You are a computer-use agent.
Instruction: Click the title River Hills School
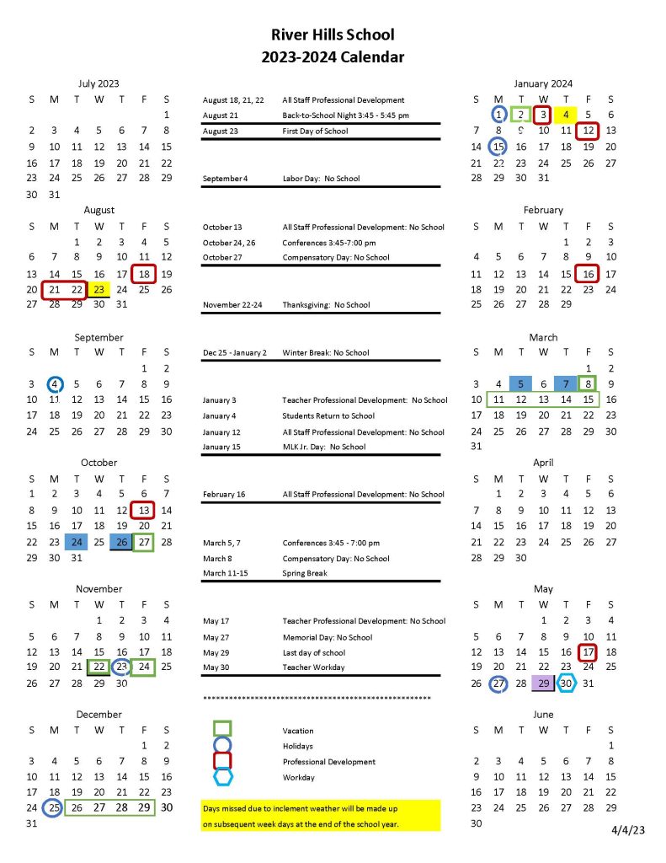(x=333, y=35)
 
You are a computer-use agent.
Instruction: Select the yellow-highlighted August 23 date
(x=99, y=289)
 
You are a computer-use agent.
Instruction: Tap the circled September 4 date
(x=55, y=384)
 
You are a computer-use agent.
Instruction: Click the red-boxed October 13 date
(x=144, y=510)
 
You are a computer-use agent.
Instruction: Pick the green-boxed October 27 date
(x=144, y=542)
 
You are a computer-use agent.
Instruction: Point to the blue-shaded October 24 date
(x=77, y=542)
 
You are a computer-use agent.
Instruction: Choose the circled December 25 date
(x=55, y=808)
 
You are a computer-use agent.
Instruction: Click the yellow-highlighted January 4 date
(x=566, y=115)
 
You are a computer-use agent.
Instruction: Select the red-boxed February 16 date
(x=589, y=274)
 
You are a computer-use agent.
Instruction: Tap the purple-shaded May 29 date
(x=543, y=683)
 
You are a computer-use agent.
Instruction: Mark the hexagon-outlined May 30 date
(x=566, y=683)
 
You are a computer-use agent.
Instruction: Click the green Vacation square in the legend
(x=222, y=729)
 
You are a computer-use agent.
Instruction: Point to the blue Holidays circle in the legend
(x=222, y=746)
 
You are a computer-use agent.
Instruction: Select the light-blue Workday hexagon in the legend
(x=222, y=777)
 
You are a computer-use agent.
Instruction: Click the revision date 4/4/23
(x=627, y=830)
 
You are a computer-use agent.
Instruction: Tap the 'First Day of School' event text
(x=314, y=131)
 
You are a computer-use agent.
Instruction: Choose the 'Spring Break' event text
(x=305, y=573)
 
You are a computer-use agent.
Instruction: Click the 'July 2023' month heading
(x=99, y=83)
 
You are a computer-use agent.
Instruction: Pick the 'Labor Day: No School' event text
(x=321, y=179)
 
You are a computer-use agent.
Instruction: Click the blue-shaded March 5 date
(x=520, y=384)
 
